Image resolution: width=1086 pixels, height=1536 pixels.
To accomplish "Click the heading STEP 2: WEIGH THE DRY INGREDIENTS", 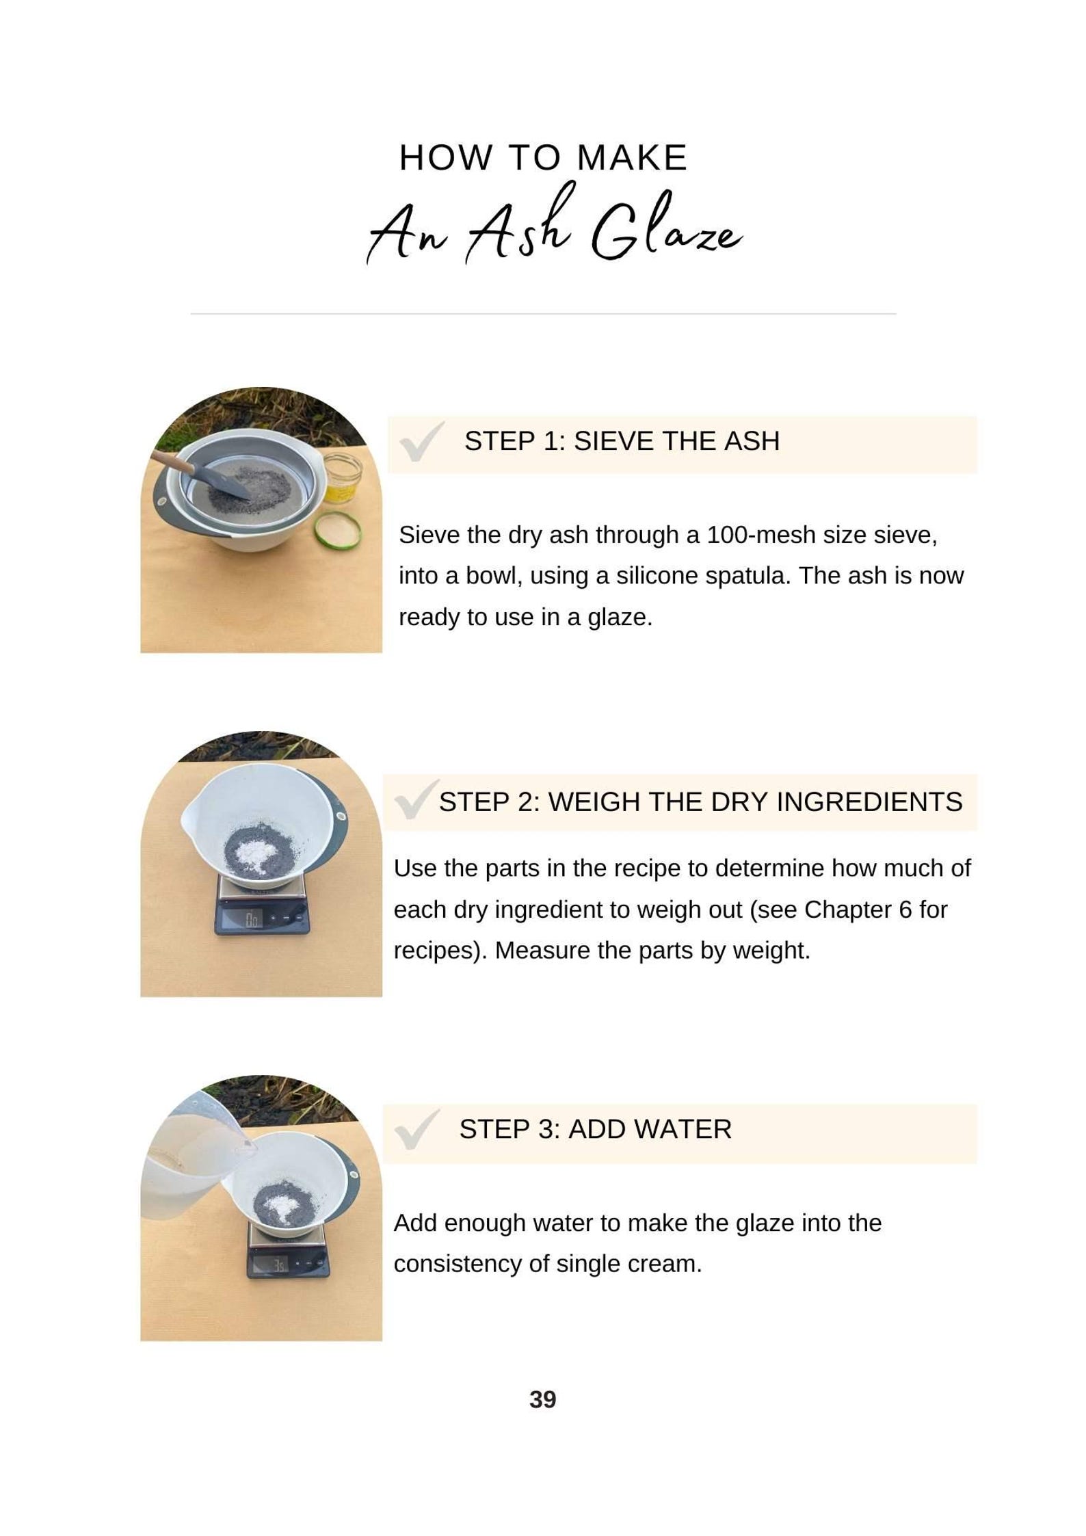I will [700, 802].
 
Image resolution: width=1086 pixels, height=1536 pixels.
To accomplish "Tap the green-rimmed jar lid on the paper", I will [337, 530].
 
